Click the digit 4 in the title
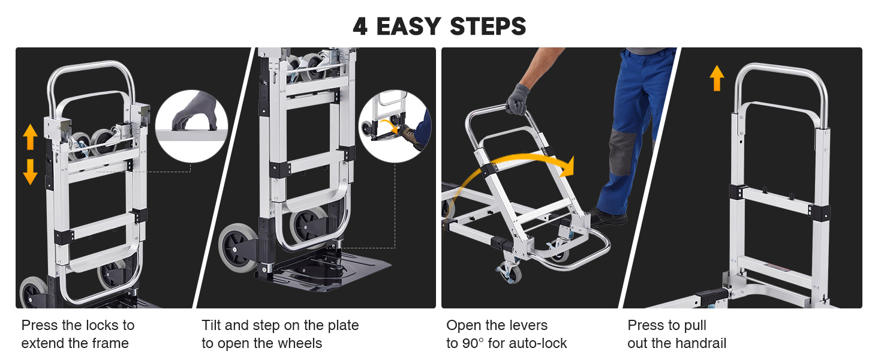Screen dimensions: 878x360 click(x=360, y=26)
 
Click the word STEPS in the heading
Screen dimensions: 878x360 click(x=488, y=26)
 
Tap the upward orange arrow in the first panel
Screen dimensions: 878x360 click(x=30, y=137)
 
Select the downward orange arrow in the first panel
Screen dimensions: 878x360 click(x=30, y=172)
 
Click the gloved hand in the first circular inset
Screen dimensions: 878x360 click(x=195, y=112)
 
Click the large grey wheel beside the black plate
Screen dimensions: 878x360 click(x=238, y=248)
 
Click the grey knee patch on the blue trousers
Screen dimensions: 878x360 click(x=623, y=152)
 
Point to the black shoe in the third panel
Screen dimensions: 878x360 click(x=607, y=218)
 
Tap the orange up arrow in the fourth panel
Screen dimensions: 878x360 click(x=717, y=78)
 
